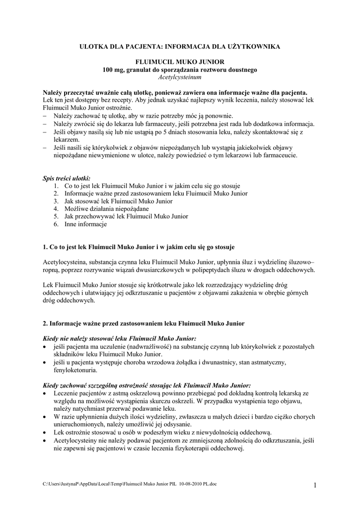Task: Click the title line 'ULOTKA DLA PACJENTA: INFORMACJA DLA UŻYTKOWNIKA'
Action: (180, 46)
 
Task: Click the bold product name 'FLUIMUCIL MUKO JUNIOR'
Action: (180, 63)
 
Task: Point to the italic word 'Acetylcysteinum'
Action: (180, 78)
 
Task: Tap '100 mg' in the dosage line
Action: (112, 70)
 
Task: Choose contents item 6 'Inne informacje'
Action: (85, 224)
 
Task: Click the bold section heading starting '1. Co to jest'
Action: (139, 247)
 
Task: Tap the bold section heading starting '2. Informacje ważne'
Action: (144, 323)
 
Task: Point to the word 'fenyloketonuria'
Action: (75, 370)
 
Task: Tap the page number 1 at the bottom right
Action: (315, 485)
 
